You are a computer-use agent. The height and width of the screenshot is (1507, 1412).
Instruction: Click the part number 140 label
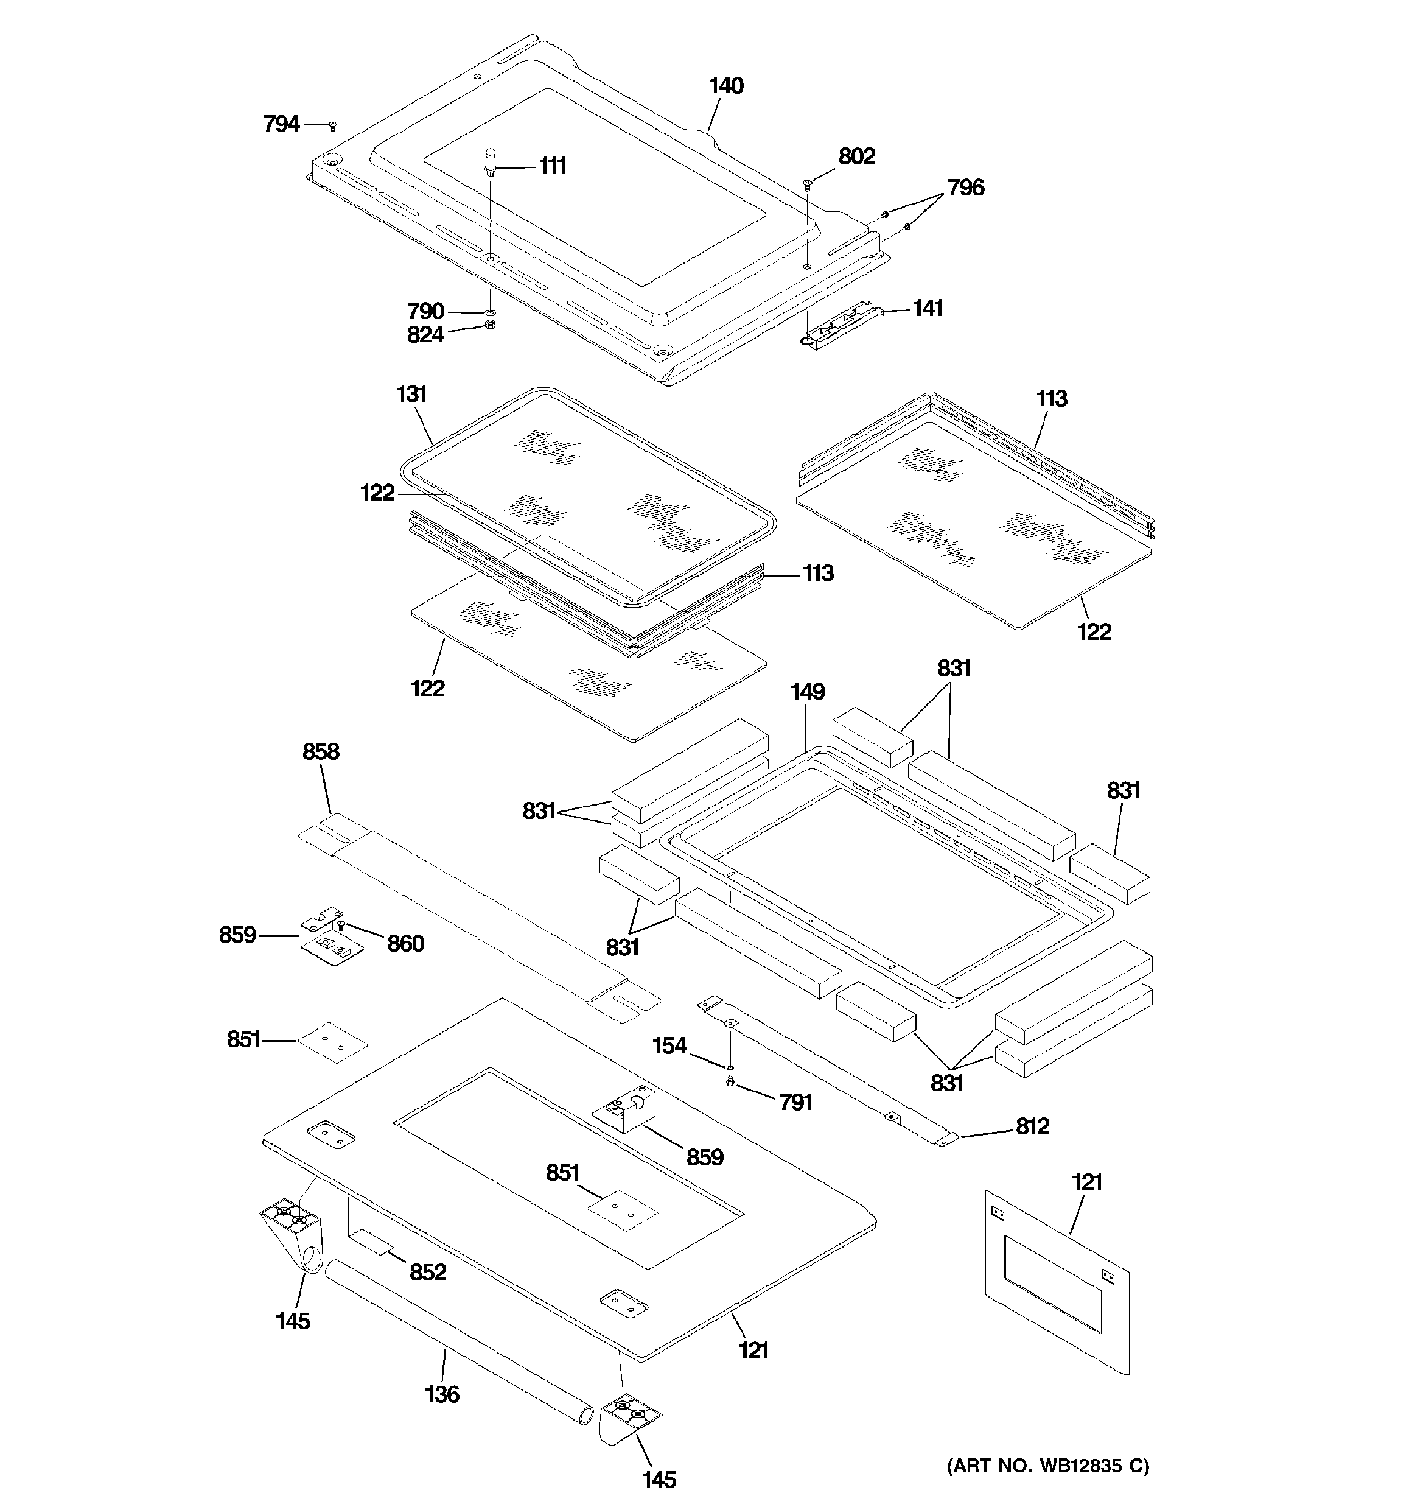pyautogui.click(x=725, y=86)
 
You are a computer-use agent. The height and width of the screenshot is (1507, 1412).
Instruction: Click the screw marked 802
pyautogui.click(x=807, y=183)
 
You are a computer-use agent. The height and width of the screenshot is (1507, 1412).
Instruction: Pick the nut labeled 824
pyautogui.click(x=489, y=326)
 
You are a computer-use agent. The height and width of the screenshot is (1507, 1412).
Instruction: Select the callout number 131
pyautogui.click(x=411, y=394)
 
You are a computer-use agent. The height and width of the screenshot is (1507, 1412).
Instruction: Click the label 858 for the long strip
pyautogui.click(x=321, y=751)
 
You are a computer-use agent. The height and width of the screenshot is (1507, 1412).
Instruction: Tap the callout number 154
pyautogui.click(x=669, y=1046)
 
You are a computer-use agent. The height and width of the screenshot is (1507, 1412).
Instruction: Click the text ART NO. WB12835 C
pyautogui.click(x=1047, y=1466)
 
